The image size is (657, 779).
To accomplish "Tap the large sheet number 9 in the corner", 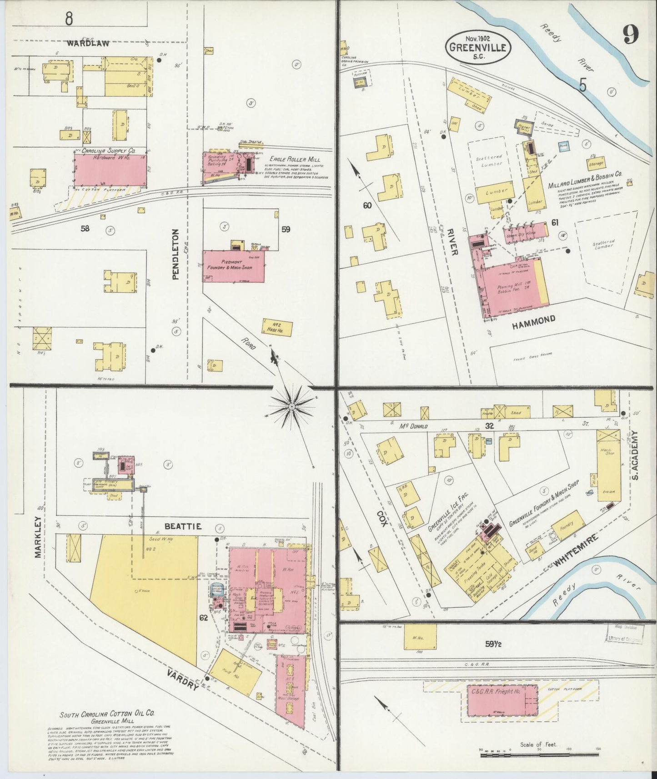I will point(631,34).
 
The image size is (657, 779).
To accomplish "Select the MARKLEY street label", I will point(38,537).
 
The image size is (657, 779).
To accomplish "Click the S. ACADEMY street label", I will point(636,455).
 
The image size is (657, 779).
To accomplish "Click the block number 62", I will point(203,618).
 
